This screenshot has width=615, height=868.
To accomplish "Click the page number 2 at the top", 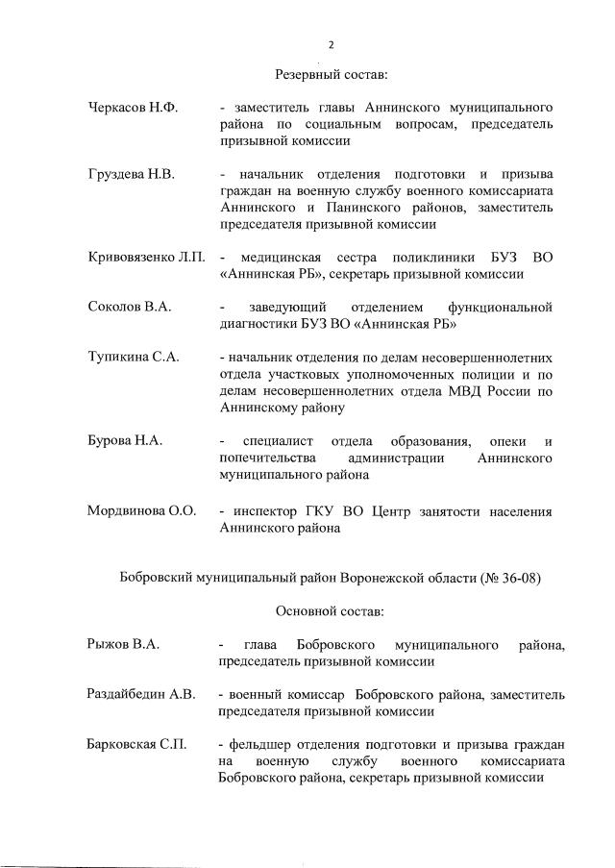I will [x=331, y=44].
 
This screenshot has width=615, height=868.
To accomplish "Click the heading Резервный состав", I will [x=331, y=74].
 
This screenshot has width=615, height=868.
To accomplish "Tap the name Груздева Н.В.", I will [x=129, y=173].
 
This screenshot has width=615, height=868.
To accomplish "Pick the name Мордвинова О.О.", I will [x=141, y=510].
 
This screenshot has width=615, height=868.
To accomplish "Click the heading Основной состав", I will [x=331, y=610].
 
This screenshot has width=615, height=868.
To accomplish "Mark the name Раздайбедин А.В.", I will [x=140, y=693].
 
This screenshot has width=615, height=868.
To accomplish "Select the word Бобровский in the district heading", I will [x=156, y=578].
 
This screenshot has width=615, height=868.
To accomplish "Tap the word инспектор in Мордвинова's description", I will [x=264, y=510].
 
